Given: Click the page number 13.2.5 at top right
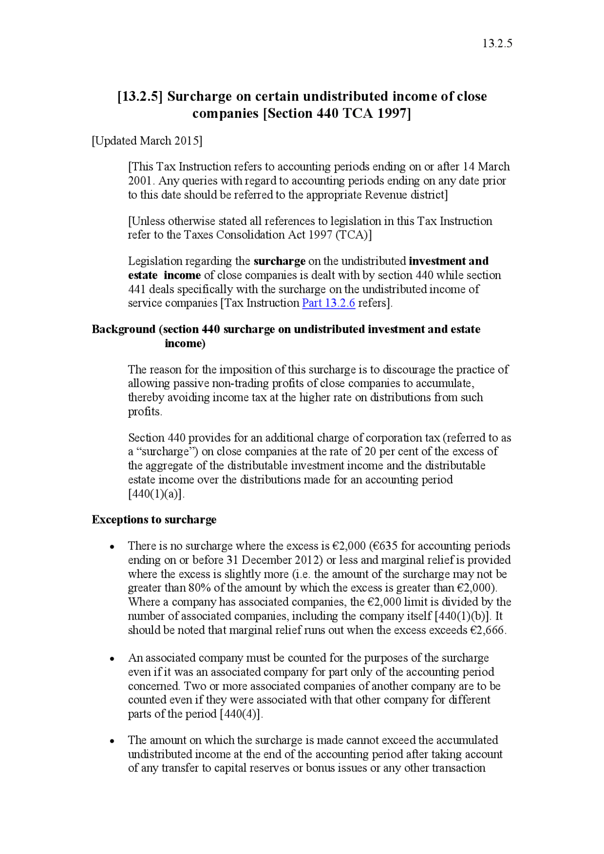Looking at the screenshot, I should [x=497, y=43].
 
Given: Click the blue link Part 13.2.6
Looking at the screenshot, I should [x=328, y=303].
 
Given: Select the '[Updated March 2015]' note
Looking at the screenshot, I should [x=147, y=141].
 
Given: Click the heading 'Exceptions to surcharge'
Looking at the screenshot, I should [x=154, y=519].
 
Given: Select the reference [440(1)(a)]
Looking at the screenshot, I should [x=156, y=494].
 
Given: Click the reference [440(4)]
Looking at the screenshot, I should [x=241, y=714].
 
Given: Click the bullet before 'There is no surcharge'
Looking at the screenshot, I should [x=112, y=547].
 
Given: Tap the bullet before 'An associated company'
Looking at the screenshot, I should [x=112, y=659].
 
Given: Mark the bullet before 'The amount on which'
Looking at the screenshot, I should [x=112, y=741].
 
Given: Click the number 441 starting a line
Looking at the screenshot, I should [x=137, y=289].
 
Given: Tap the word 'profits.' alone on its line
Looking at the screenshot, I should [x=145, y=412].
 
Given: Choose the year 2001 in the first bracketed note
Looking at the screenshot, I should [x=140, y=181].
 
